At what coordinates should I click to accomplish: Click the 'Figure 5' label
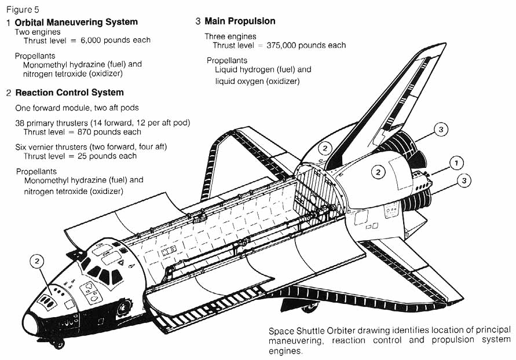click(23, 9)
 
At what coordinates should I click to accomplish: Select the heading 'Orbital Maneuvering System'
click(76, 22)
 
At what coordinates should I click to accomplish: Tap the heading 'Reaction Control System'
click(69, 92)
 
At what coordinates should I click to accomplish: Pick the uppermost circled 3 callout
click(441, 130)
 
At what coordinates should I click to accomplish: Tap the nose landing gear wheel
click(57, 345)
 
